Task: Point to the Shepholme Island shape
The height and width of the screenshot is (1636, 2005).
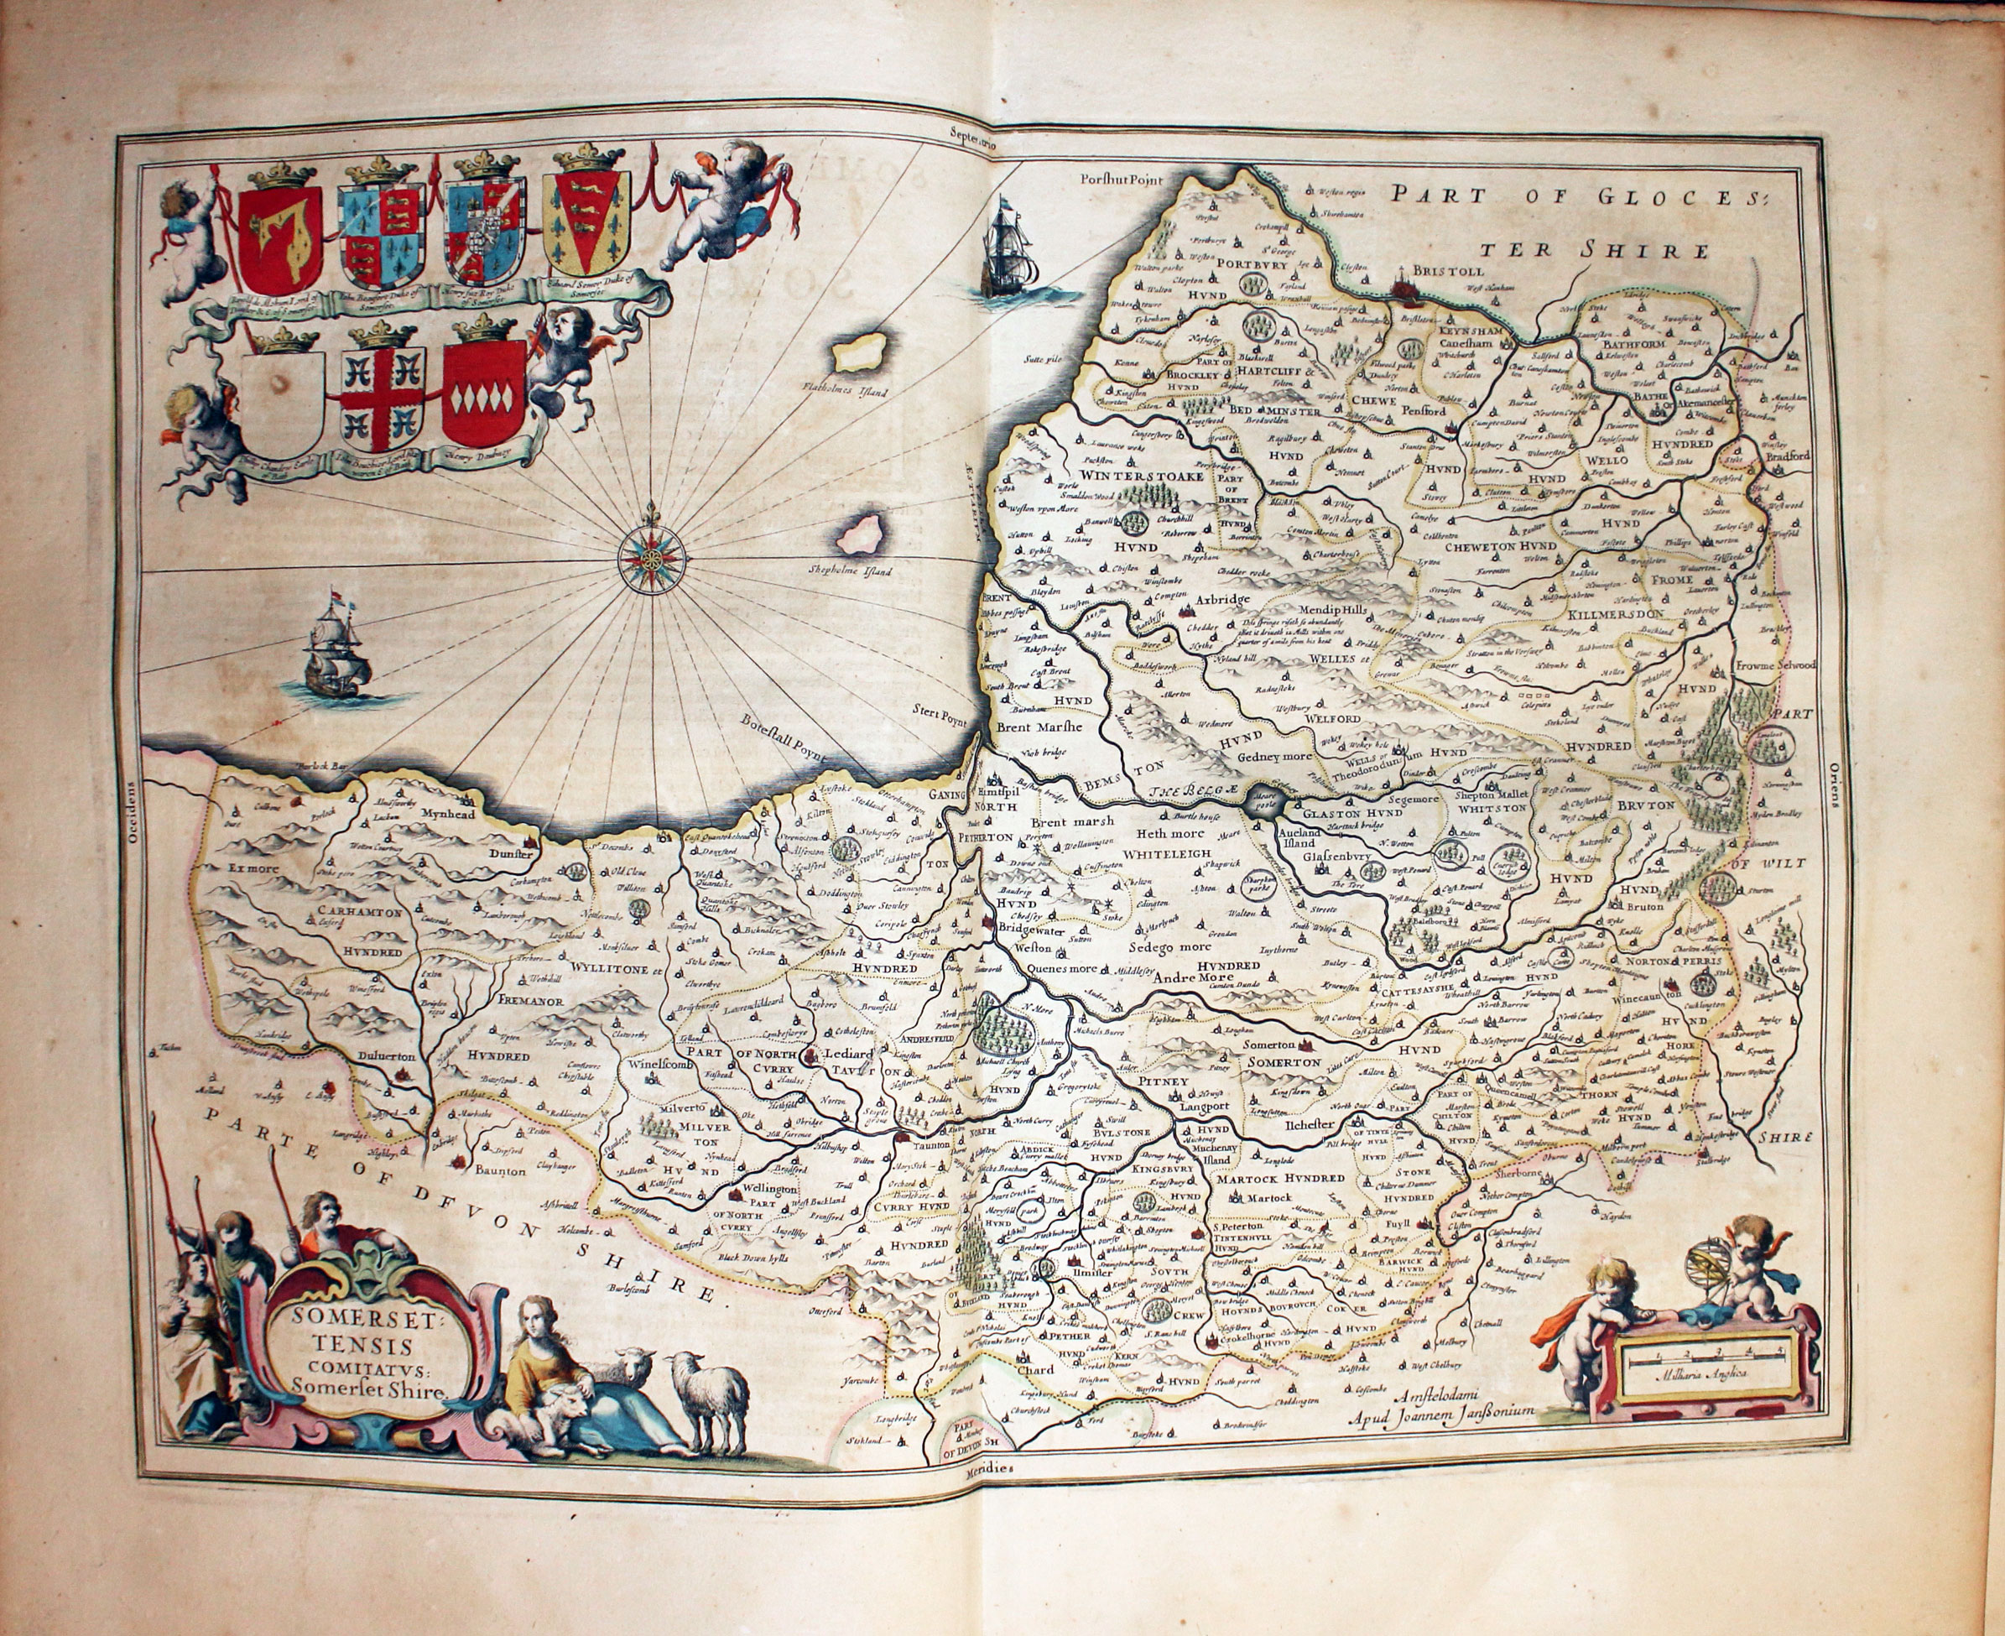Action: [862, 534]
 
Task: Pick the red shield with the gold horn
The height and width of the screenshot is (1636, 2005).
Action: [280, 238]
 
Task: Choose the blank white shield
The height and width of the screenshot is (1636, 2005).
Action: [283, 403]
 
